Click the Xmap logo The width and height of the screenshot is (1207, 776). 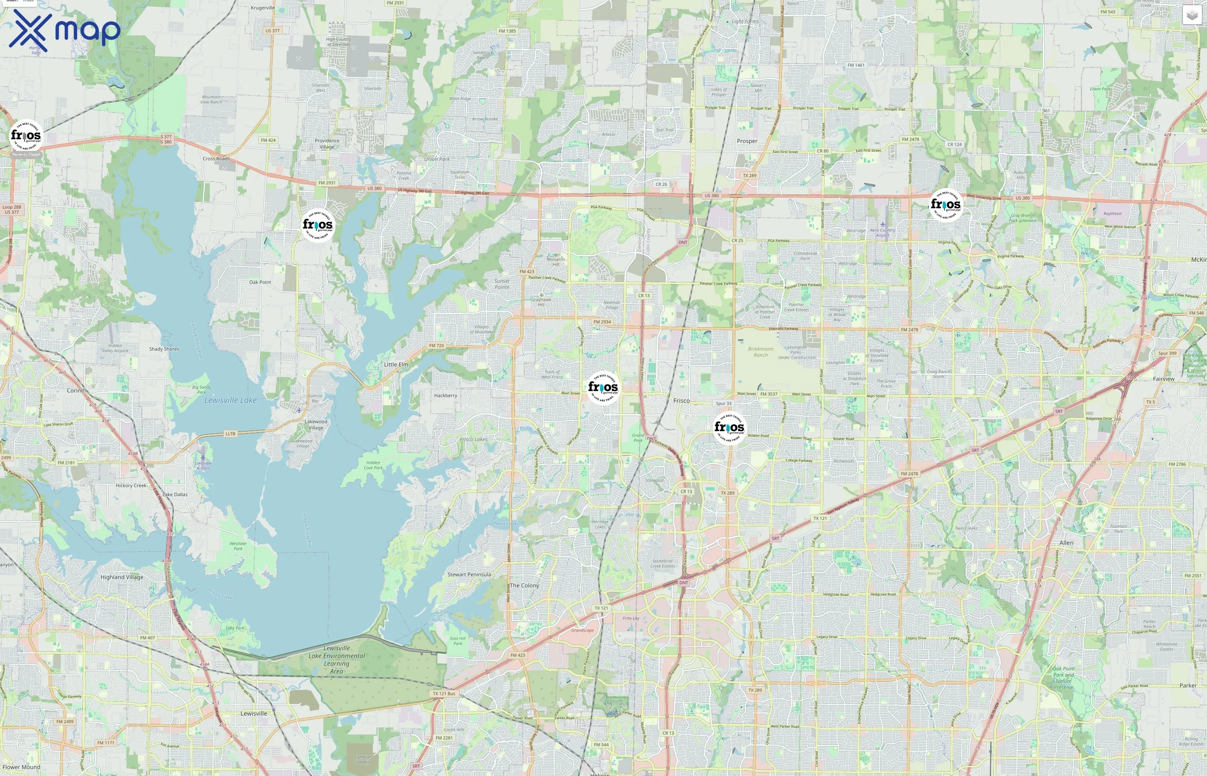65,31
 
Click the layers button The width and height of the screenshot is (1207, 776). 1191,15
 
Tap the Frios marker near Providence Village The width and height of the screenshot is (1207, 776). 318,225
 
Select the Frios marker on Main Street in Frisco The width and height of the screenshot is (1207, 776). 603,387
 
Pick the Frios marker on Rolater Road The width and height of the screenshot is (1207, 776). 729,427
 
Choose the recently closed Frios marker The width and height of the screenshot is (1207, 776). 26,135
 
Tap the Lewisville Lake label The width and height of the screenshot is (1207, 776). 230,400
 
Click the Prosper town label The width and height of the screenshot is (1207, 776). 747,141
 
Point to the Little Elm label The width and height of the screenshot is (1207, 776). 396,364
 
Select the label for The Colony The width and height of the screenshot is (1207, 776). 525,585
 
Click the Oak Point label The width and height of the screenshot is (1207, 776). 260,282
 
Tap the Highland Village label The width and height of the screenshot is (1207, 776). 122,577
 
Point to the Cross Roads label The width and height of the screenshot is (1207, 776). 216,159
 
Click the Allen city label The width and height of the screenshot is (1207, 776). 1066,543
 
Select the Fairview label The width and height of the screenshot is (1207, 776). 1163,379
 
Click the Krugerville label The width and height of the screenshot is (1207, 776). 263,8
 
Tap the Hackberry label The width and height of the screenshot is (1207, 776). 446,396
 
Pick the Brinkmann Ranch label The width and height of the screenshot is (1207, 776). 761,352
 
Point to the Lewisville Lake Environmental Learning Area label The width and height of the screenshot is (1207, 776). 337,660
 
